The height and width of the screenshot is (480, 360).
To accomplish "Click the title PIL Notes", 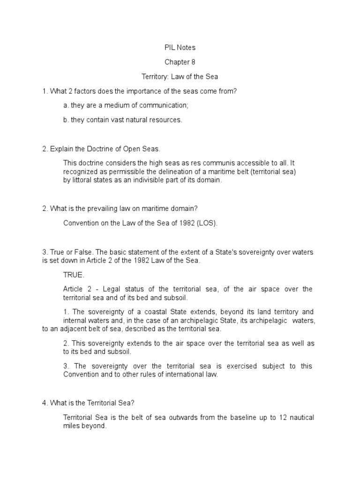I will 180,47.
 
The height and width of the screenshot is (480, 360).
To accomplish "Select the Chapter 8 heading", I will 180,62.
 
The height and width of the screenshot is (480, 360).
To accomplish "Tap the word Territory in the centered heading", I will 155,76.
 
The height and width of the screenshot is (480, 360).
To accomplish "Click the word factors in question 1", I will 90,91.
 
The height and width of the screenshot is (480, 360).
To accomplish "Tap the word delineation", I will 178,172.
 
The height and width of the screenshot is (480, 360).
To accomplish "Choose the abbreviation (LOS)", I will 207,223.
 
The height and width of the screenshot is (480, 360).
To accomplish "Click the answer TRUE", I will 74,275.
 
